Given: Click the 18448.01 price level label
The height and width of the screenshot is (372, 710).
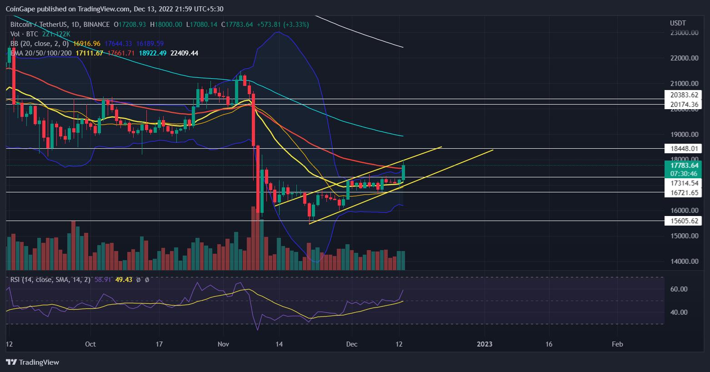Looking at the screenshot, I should point(683,148).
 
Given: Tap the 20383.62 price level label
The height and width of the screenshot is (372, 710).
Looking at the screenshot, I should point(683,95).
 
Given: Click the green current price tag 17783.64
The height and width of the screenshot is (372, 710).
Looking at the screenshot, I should point(683,166).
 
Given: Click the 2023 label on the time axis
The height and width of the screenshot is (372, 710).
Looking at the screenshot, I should point(485,344).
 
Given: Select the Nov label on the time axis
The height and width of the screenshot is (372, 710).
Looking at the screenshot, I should point(223,344).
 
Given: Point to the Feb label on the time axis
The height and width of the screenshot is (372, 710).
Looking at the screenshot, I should point(617,344).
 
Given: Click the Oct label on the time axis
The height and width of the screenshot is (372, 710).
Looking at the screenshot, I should point(90,344).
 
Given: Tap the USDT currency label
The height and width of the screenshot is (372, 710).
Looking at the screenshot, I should point(678,23).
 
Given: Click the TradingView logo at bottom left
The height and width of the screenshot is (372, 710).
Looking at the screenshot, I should point(33,362).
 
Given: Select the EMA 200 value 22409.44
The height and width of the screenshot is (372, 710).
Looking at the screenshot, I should point(184,53).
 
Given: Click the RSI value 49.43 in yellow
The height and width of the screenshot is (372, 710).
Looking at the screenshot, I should point(124,280).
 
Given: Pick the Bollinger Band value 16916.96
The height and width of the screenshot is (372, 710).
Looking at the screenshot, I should point(86,44).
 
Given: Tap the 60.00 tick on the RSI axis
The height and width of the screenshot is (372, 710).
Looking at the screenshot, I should point(679,289).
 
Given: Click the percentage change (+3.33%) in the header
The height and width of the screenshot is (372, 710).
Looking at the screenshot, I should point(296,25).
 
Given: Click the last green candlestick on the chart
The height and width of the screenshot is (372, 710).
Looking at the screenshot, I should point(403,172).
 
